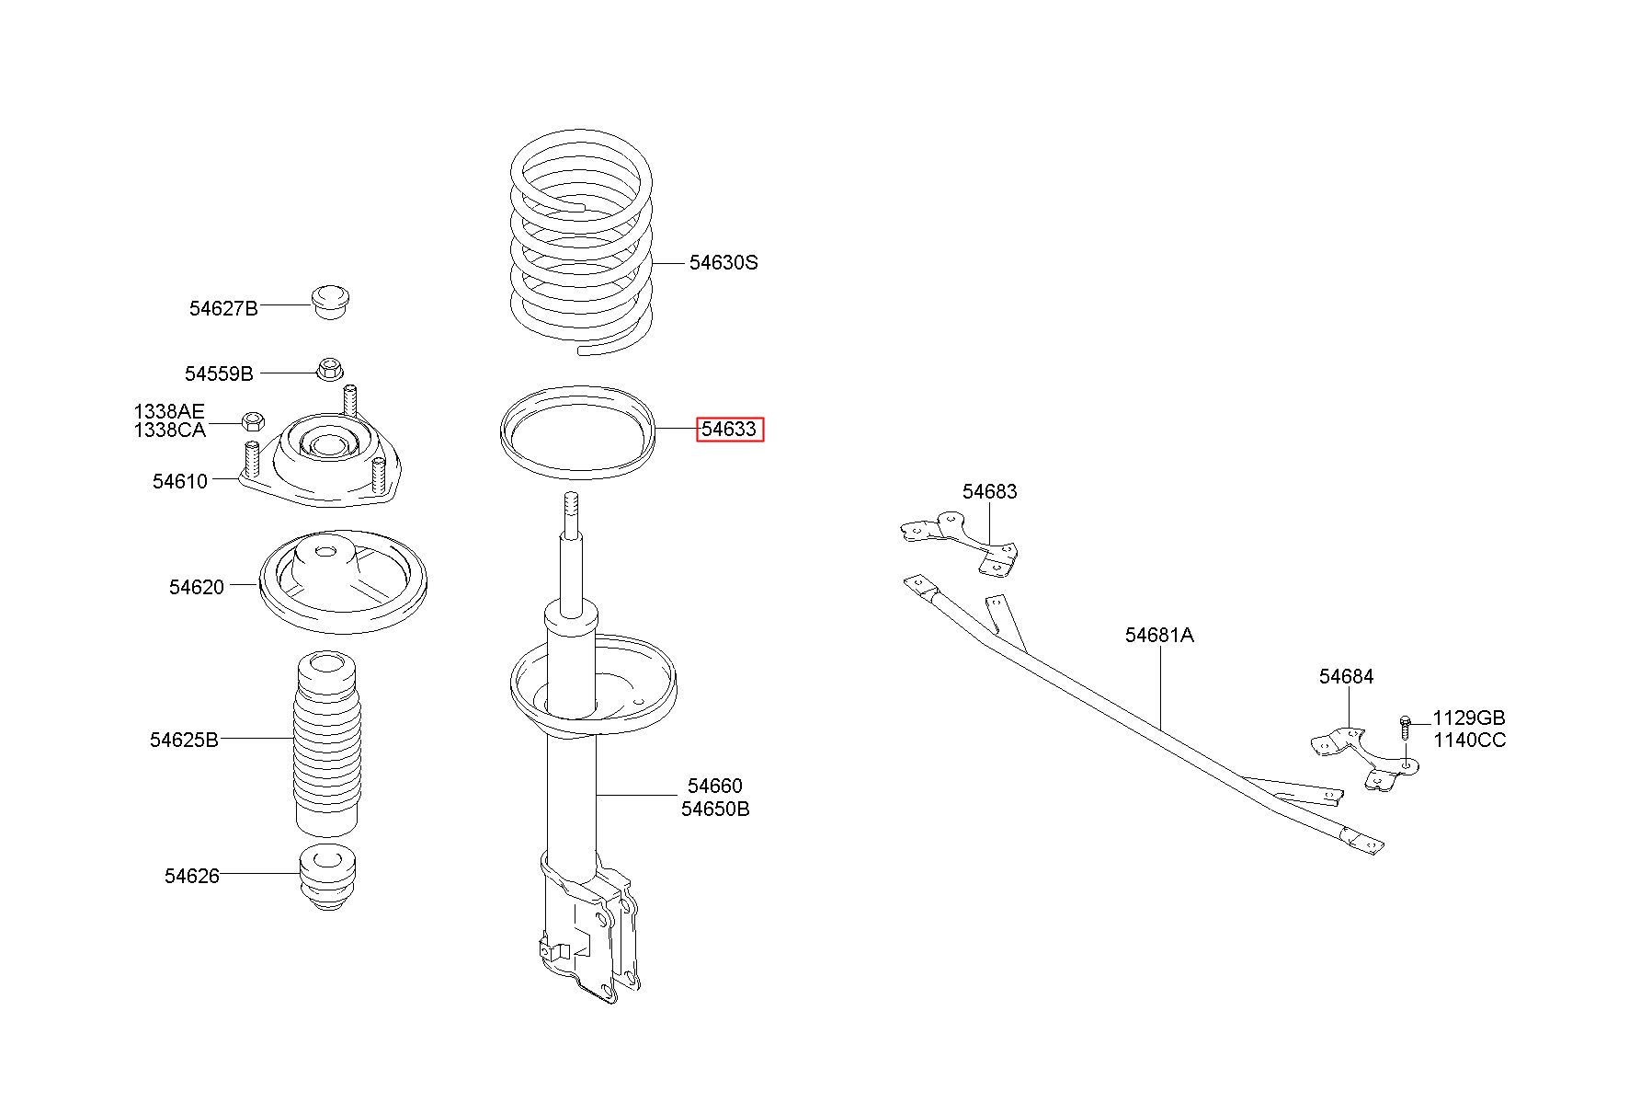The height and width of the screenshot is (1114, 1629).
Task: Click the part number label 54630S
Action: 723,262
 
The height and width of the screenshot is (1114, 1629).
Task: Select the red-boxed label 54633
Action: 730,429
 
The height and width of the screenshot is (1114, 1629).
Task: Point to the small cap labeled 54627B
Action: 331,302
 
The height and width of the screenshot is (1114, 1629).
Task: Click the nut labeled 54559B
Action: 329,368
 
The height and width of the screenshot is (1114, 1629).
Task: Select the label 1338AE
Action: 169,411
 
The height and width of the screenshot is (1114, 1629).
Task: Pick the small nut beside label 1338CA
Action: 254,422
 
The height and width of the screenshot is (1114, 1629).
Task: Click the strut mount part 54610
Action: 319,460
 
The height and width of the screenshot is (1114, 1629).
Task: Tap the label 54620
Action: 196,587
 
